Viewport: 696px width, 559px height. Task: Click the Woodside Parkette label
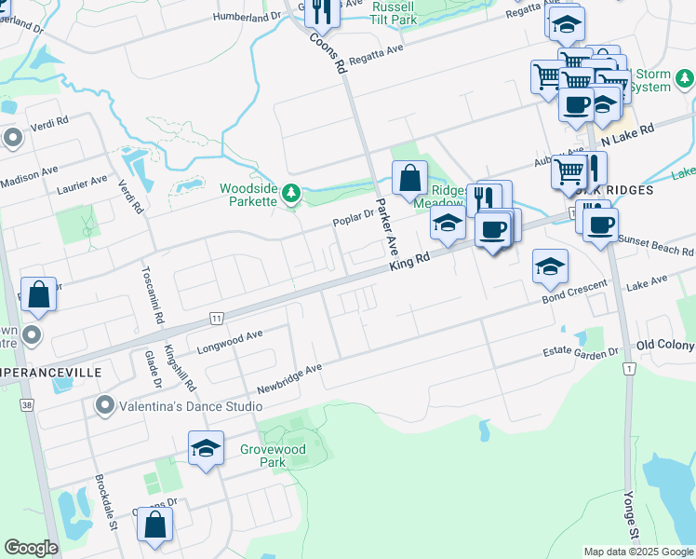tap(248, 195)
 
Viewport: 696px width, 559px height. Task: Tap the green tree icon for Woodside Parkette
tap(292, 194)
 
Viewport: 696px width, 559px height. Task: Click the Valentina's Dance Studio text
tap(178, 405)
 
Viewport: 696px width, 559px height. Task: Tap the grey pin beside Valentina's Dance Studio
tap(104, 405)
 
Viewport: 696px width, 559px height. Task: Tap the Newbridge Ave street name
tap(289, 377)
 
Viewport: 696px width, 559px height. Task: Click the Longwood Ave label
tap(230, 342)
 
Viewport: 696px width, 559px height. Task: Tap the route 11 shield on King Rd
tap(216, 318)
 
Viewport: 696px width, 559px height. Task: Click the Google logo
tap(31, 548)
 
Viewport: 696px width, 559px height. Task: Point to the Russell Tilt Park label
tap(393, 11)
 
